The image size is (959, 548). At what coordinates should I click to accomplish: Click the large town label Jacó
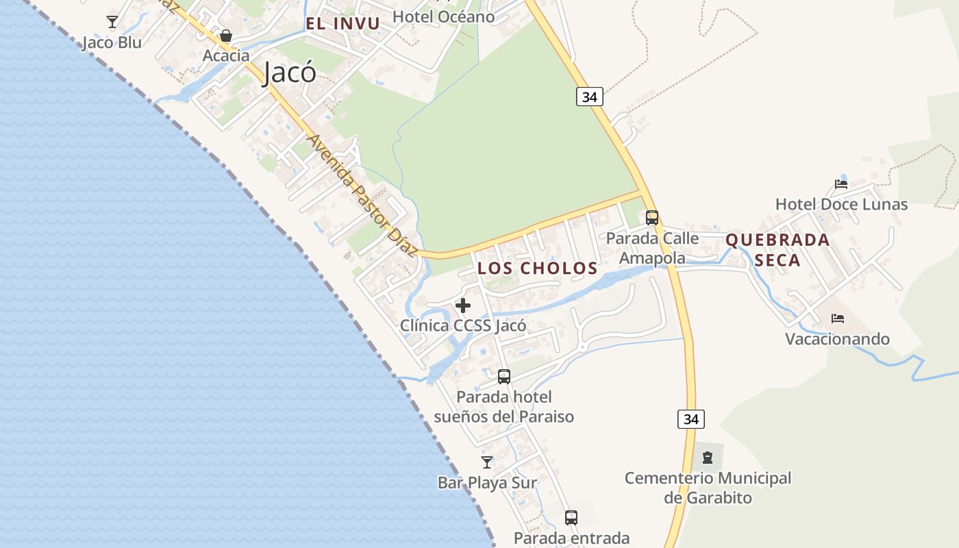coord(290,72)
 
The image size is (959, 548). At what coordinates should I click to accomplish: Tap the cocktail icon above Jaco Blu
coord(112,22)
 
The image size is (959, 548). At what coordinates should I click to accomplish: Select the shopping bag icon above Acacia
coord(225,36)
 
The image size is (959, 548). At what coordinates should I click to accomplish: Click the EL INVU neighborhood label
coord(342,24)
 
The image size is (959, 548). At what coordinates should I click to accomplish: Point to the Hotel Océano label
coord(444,16)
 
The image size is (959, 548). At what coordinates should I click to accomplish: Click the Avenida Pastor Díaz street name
coord(362,196)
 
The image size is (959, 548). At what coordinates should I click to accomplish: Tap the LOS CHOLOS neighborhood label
coord(537,268)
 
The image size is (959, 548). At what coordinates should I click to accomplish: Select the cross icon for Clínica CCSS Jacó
coord(463,306)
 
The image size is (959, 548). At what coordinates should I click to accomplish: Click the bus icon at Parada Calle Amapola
coord(652,218)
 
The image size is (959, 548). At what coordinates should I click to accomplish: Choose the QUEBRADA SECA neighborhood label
coord(777,250)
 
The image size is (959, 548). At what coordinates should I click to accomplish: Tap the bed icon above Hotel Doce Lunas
coord(841,184)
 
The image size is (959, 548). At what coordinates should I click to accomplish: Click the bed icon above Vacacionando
coord(837,318)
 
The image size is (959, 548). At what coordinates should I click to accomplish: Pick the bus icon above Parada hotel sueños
coord(504,376)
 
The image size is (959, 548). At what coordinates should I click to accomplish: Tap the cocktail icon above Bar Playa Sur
coord(487,462)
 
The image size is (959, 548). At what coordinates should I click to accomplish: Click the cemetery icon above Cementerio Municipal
coord(708,457)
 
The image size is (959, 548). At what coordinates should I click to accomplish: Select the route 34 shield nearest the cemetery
coord(691,419)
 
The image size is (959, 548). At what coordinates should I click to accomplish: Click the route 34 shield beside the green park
coord(589,97)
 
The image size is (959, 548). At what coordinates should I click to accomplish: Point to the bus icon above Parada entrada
coord(571,517)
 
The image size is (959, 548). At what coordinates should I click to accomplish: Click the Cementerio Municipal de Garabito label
coord(708,488)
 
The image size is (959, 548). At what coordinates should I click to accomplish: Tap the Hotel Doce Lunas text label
coord(841,204)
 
